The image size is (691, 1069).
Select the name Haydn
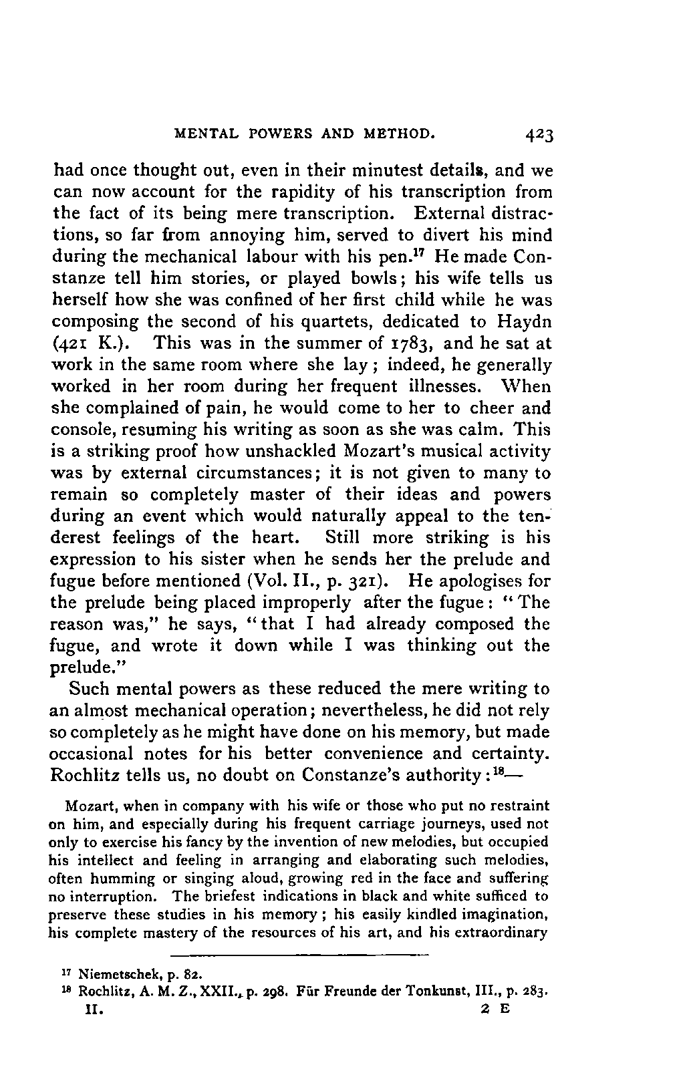coord(525,323)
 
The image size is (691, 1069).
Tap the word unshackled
coord(278,452)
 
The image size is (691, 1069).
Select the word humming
coord(117,878)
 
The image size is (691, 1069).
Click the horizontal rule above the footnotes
coord(299,953)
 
